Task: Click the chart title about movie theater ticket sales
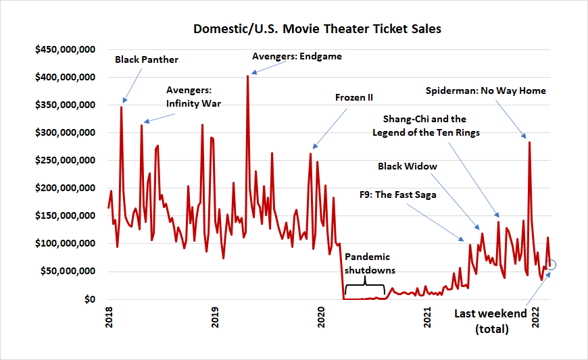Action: [x=318, y=30]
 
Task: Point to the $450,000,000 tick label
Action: [x=66, y=50]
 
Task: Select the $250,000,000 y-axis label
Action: [x=66, y=161]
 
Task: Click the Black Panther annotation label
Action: [x=147, y=59]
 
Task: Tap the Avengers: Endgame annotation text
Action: [x=297, y=57]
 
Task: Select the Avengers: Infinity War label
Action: [x=194, y=97]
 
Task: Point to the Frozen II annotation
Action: [x=354, y=97]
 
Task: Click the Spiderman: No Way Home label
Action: [x=486, y=91]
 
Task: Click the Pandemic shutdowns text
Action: [x=368, y=263]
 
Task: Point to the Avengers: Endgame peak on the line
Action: [x=247, y=76]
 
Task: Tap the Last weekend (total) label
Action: [x=490, y=322]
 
